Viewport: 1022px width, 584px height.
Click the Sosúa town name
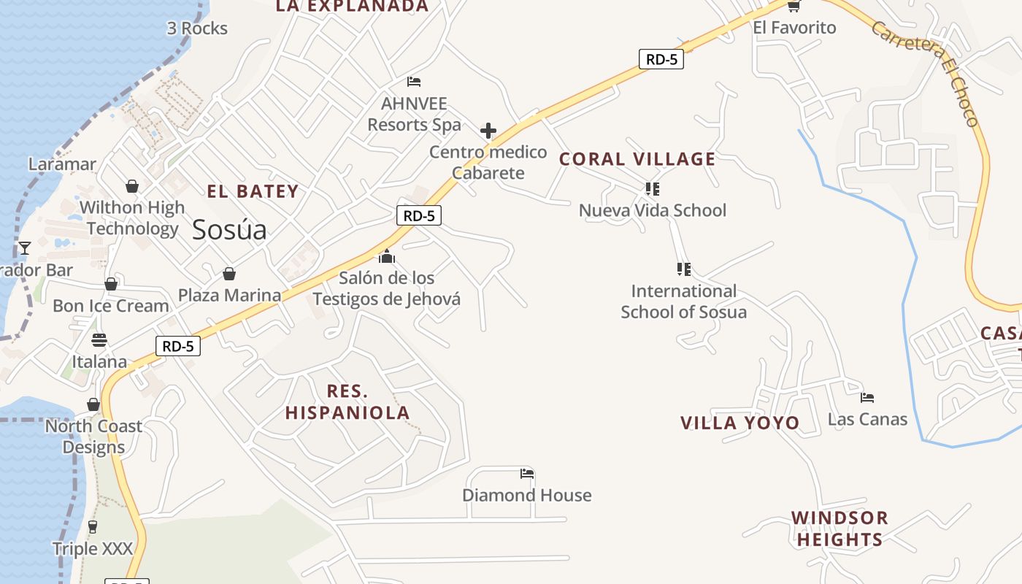[x=229, y=230]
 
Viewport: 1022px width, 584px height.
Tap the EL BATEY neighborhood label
[x=253, y=191]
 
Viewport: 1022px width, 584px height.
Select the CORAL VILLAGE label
[x=637, y=158]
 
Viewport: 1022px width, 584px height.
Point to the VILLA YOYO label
[x=739, y=423]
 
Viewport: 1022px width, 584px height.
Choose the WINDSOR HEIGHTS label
[x=839, y=529]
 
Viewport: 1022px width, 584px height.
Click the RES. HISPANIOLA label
[x=347, y=401]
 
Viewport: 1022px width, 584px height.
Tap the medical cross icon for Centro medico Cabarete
[x=488, y=131]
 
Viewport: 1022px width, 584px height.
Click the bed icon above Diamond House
[x=527, y=474]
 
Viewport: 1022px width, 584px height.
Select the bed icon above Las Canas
[x=867, y=398]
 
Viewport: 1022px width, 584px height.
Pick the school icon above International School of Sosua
[x=683, y=269]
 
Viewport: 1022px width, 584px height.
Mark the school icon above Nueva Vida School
[x=652, y=189]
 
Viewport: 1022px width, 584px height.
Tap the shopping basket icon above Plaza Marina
[x=229, y=274]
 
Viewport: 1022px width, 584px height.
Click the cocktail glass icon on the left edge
[x=25, y=248]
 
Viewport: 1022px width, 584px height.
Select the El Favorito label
[x=794, y=28]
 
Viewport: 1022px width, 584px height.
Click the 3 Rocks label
[x=197, y=28]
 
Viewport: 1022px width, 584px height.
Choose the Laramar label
[x=62, y=164]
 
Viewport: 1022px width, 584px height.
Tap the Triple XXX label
[x=92, y=548]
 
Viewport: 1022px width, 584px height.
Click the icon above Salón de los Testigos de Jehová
[x=387, y=256]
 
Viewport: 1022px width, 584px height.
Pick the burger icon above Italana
[x=99, y=340]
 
